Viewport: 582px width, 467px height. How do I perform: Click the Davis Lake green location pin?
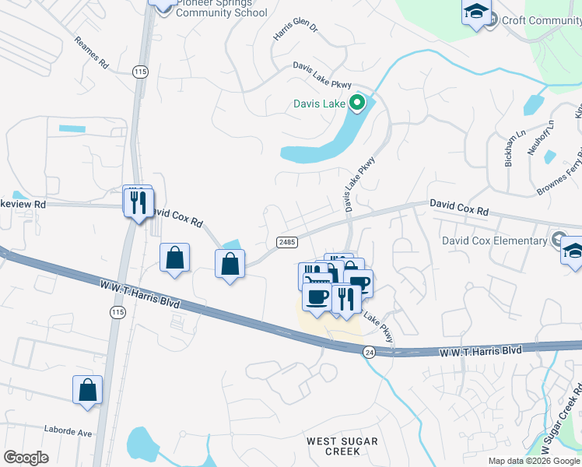coord(357,102)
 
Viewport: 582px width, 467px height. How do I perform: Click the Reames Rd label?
coord(92,53)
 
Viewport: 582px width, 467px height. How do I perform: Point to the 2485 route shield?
coord(286,243)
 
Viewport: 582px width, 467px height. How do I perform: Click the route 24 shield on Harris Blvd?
coord(369,352)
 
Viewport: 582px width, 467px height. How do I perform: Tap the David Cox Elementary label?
coord(495,241)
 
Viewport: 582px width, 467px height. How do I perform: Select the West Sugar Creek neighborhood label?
coord(342,447)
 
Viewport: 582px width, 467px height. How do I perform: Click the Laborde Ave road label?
coord(68,432)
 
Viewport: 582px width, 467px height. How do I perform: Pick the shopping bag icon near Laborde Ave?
coord(88,390)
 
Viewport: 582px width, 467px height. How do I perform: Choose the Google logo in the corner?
coord(26,458)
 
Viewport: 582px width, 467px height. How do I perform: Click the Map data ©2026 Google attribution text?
coord(534,461)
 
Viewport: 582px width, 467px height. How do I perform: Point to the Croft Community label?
coord(541,21)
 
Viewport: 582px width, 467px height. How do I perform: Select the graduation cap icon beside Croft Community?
coord(476,12)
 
